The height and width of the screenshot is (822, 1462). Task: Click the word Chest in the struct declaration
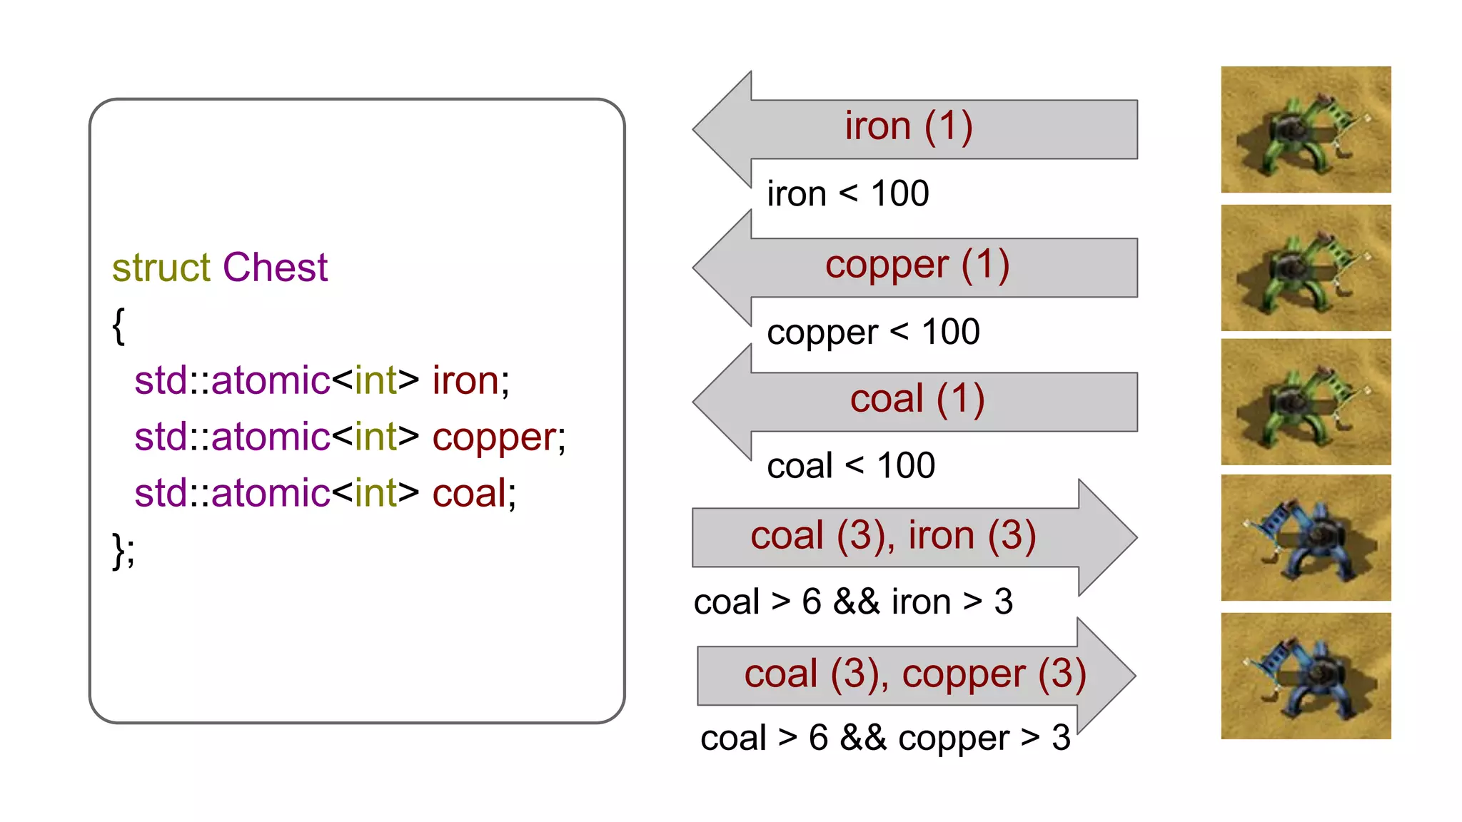[275, 268]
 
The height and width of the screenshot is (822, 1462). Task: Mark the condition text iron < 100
[848, 193]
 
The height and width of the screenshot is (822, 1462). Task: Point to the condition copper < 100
[873, 332]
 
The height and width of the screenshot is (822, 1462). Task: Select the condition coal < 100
[851, 466]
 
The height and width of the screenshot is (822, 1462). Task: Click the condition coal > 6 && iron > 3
[853, 602]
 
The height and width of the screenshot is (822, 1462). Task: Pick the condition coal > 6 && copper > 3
[885, 738]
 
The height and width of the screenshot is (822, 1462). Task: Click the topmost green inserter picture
[1306, 129]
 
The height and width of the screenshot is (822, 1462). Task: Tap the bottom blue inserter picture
[1306, 676]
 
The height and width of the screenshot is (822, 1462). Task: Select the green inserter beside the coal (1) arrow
[1306, 402]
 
